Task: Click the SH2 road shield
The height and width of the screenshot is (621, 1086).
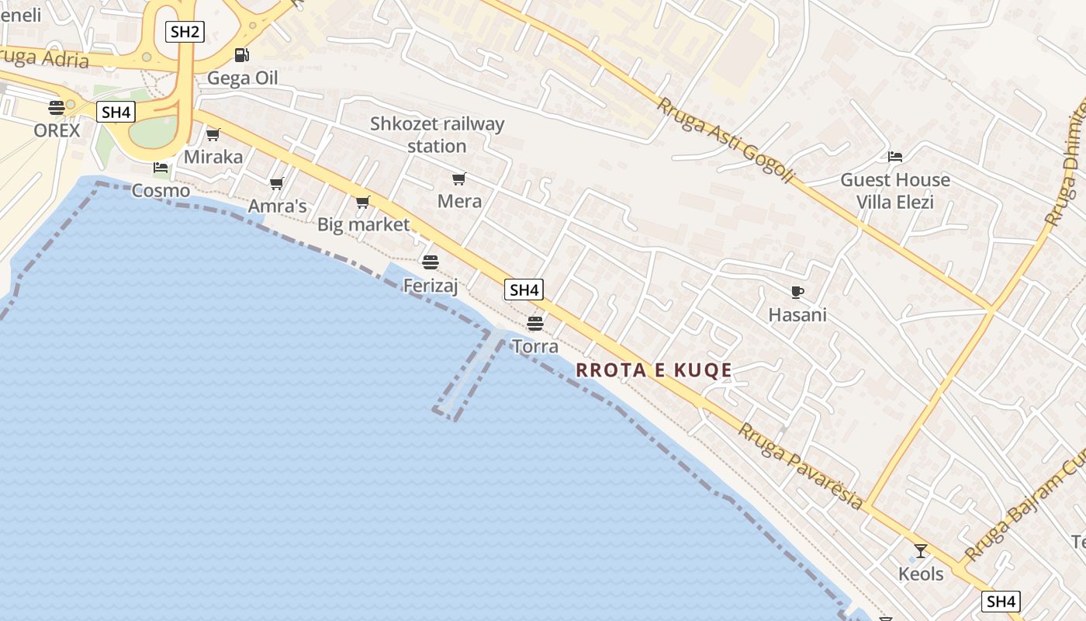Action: click(x=185, y=32)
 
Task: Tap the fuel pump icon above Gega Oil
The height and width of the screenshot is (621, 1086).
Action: click(x=241, y=55)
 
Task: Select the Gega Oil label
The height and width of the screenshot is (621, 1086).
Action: click(x=242, y=78)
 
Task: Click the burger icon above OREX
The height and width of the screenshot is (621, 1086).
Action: click(x=57, y=108)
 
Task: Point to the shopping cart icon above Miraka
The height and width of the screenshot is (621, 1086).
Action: click(x=213, y=135)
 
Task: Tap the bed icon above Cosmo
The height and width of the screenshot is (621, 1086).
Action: click(x=161, y=168)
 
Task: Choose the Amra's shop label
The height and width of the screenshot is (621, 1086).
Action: click(x=278, y=206)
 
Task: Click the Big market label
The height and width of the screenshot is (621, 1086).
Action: click(x=363, y=224)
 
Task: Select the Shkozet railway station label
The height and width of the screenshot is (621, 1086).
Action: click(x=437, y=134)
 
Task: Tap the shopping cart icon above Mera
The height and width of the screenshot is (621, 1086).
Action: click(x=459, y=179)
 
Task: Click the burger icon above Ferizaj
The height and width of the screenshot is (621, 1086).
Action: click(x=431, y=262)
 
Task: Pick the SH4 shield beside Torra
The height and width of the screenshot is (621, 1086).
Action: click(x=524, y=290)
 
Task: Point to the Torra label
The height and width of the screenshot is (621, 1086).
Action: click(x=535, y=346)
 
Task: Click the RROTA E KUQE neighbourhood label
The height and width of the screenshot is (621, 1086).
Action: click(x=654, y=370)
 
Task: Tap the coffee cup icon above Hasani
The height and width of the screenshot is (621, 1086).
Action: click(x=797, y=293)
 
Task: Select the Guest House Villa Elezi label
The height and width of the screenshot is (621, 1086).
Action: click(x=895, y=191)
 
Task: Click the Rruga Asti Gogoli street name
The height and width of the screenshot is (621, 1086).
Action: click(x=726, y=141)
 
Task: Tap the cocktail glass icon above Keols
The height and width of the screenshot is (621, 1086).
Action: click(x=921, y=551)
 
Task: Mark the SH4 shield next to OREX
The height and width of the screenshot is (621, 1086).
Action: click(x=116, y=112)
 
